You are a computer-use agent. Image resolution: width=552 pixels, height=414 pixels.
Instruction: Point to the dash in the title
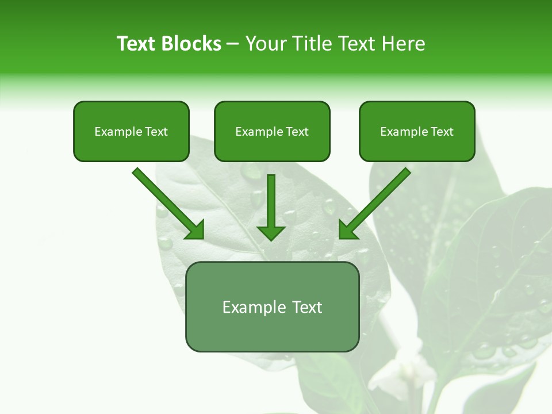pos(233,44)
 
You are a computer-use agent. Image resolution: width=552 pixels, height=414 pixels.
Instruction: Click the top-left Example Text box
pos(131,132)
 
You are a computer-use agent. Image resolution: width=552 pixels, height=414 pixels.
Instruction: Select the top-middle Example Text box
pos(272,132)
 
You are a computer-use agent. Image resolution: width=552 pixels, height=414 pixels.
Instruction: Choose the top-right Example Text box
pos(417,132)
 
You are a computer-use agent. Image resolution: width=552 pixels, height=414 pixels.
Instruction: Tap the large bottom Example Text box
pos(272,307)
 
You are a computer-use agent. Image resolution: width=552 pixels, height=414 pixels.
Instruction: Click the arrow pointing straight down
pos(271,207)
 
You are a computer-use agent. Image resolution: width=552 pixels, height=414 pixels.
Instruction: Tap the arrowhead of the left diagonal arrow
pos(195,230)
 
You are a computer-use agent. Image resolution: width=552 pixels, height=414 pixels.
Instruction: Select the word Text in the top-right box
pos(442,132)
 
